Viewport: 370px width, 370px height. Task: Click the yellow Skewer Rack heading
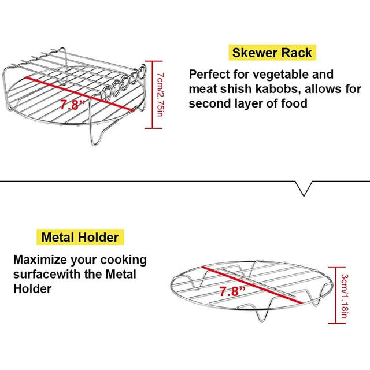click(x=272, y=53)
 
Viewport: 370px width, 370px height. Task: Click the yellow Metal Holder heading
click(x=80, y=237)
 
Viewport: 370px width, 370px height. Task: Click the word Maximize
click(x=42, y=260)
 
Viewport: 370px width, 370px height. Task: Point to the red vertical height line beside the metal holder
click(x=336, y=294)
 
